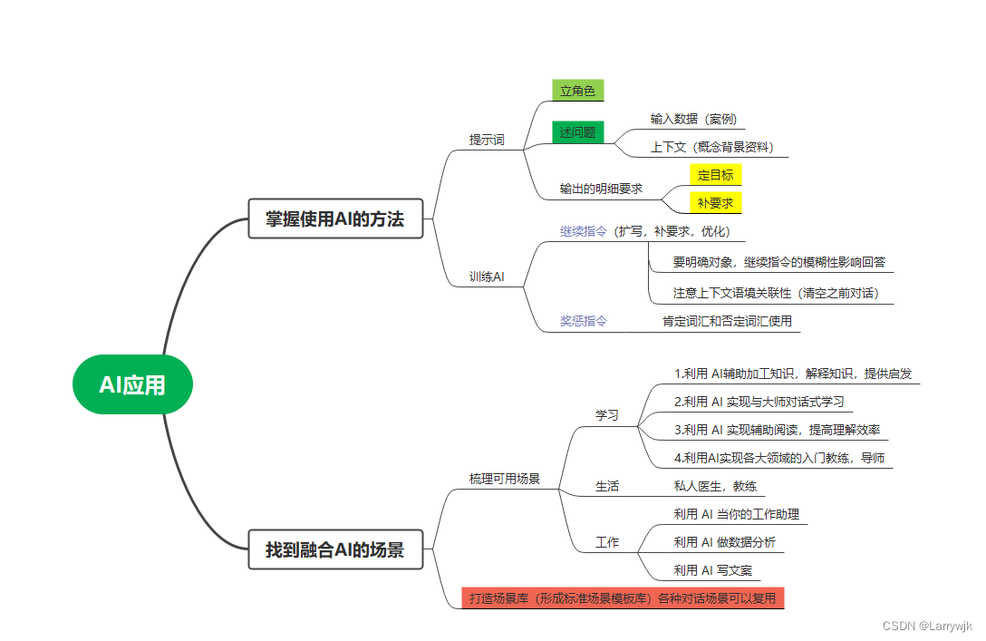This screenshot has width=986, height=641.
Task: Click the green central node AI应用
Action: [x=132, y=384]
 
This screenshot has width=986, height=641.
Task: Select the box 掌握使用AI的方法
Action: [x=335, y=219]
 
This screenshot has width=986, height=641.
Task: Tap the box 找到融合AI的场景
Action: [x=335, y=549]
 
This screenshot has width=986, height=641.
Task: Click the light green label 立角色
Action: [x=577, y=91]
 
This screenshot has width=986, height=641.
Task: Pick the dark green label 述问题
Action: [x=577, y=132]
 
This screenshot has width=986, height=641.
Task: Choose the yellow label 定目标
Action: [x=715, y=175]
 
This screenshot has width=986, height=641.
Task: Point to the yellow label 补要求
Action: [x=715, y=203]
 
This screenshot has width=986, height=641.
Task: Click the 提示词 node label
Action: [x=487, y=140]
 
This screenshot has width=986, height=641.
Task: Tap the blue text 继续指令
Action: [x=584, y=231]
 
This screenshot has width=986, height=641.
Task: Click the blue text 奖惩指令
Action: [x=584, y=321]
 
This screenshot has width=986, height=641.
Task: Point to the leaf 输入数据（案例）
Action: [x=693, y=119]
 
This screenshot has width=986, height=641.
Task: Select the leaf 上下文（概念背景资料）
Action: [x=712, y=147]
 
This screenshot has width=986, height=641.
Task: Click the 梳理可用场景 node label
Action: [x=504, y=479]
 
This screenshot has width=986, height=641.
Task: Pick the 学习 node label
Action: [x=606, y=415]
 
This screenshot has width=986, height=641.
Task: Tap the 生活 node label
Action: [x=606, y=486]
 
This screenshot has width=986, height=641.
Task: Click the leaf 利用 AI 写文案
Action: [x=712, y=570]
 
